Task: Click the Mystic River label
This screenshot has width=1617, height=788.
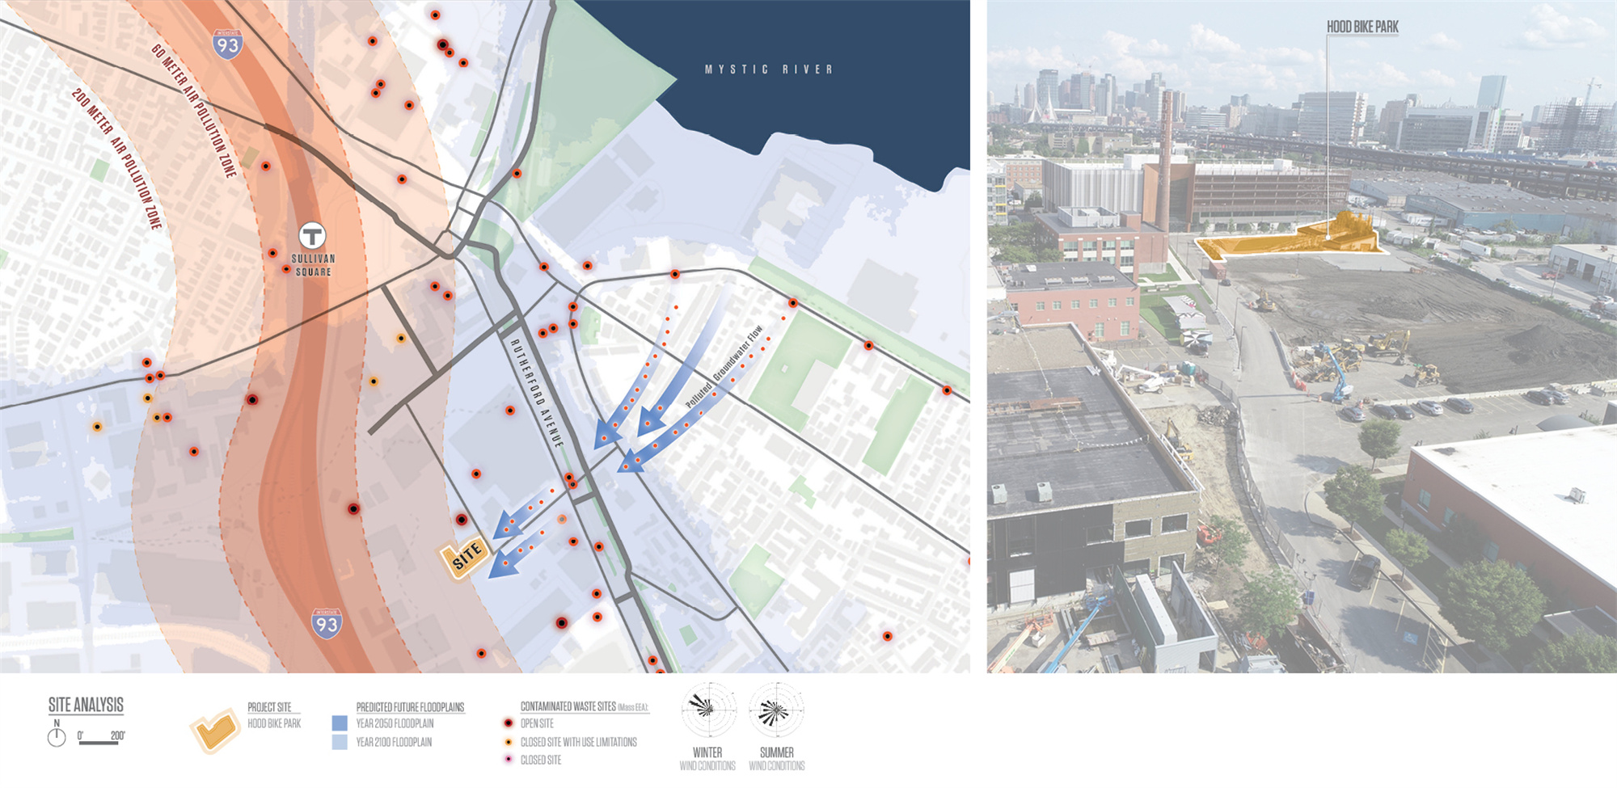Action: pos(768,70)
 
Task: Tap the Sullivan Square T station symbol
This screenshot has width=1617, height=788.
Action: pos(312,236)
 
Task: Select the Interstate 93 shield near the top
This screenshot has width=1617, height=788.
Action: pos(227,44)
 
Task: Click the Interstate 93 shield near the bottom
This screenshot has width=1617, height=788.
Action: pos(327,624)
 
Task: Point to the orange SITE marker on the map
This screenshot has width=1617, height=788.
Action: pos(465,557)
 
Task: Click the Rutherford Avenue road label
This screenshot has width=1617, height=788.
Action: pos(536,393)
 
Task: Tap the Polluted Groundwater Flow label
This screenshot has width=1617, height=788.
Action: pos(724,366)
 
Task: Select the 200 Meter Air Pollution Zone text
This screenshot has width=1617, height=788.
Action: pos(117,158)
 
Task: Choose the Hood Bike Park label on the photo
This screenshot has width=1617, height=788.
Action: pos(1362,27)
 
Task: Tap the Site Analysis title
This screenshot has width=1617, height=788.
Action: pos(86,705)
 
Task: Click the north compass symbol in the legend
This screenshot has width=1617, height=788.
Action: pos(57,736)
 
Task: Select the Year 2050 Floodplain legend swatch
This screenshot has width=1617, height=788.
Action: pos(340,723)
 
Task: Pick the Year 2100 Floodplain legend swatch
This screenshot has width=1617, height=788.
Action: pos(340,742)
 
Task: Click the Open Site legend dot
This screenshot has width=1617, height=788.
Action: pos(508,723)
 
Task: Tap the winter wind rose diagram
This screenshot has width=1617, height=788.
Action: pos(708,710)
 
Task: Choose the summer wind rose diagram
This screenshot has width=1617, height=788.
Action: pos(776,710)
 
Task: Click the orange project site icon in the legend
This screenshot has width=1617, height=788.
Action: pos(215,731)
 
